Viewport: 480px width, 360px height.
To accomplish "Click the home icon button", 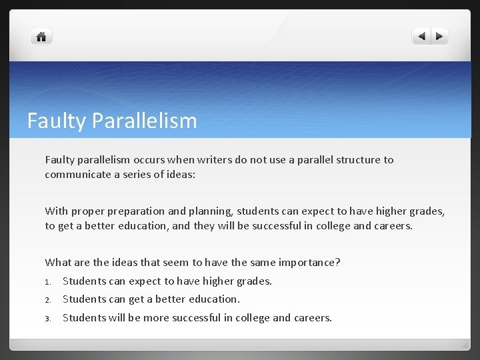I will tap(41, 37).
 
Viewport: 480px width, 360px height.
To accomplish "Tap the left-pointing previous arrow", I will tap(421, 37).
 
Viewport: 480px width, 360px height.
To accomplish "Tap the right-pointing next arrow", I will tap(439, 37).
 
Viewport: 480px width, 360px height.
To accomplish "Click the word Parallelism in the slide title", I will tap(145, 121).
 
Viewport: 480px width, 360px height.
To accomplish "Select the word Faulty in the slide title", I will tap(56, 121).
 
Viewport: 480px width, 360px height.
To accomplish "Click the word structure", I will tap(358, 160).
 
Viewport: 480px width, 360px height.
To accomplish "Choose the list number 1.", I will tap(48, 281).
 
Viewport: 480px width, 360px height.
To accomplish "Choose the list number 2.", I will tap(48, 299).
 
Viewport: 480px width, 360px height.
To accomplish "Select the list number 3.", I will tap(48, 318).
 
